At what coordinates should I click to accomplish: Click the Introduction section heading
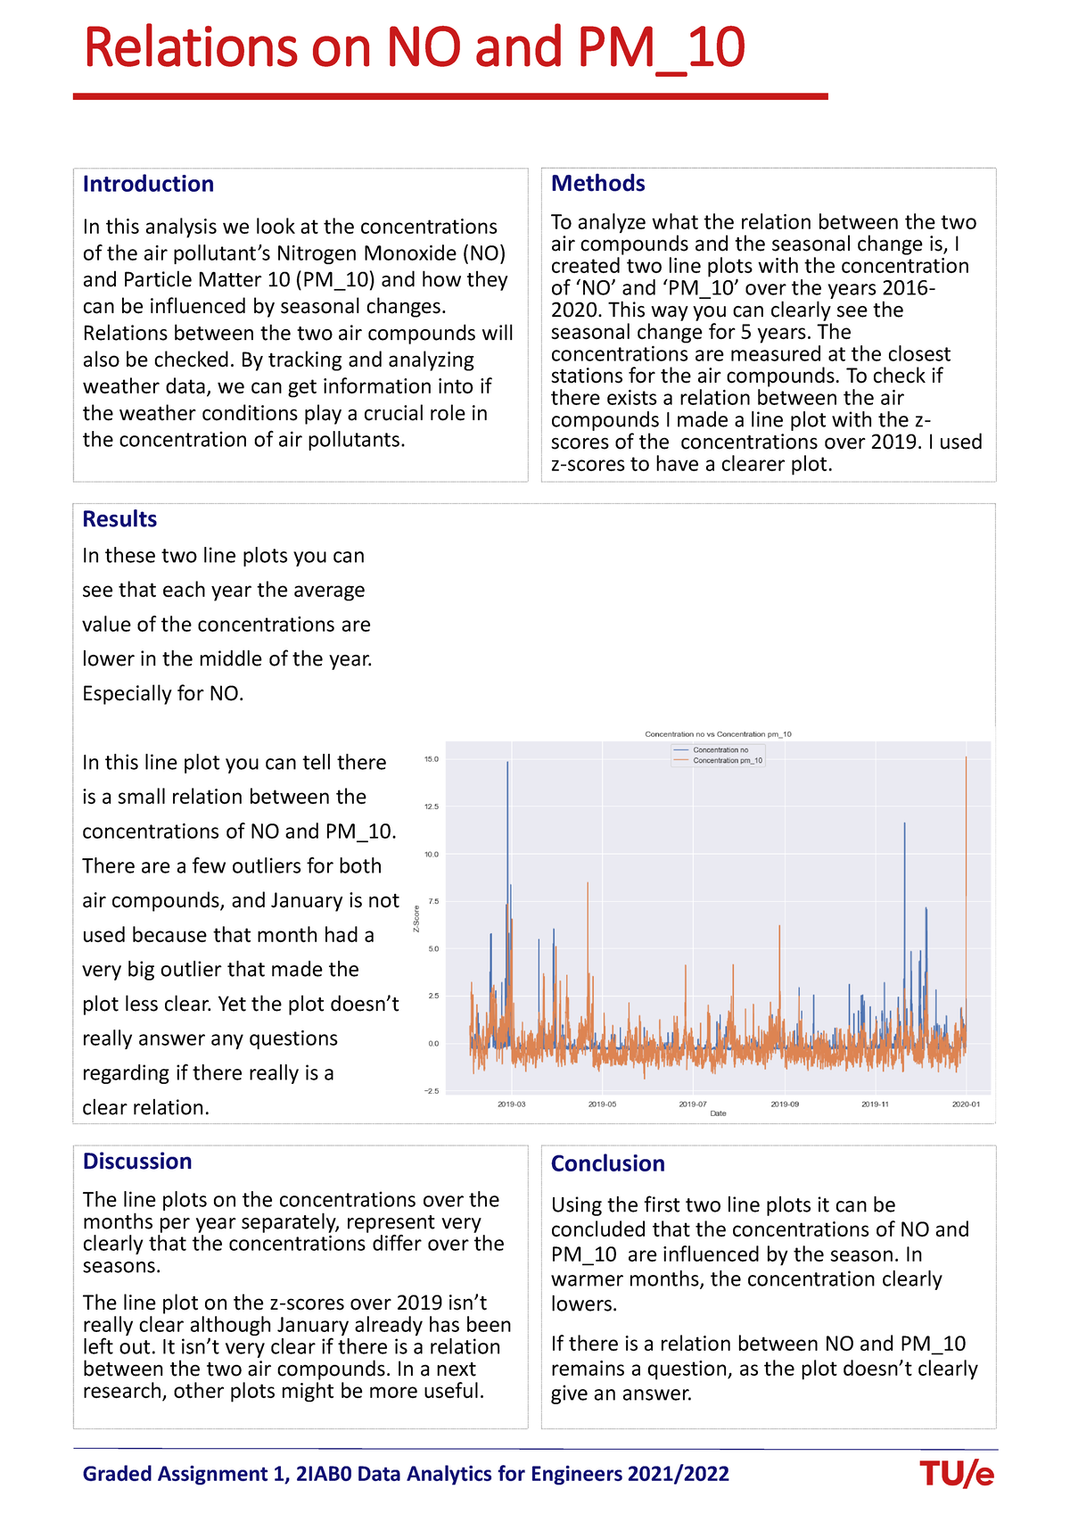click(148, 184)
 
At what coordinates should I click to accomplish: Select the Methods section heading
click(597, 183)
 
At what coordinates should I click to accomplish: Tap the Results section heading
click(119, 519)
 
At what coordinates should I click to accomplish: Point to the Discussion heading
click(137, 1161)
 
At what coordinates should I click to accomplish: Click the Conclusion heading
click(607, 1163)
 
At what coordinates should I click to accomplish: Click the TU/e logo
click(956, 1475)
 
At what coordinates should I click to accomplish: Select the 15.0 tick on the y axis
click(432, 759)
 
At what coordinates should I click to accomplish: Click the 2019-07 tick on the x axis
click(693, 1104)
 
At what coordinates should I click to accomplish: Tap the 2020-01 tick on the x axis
click(967, 1104)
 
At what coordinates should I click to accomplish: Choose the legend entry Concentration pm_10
click(727, 761)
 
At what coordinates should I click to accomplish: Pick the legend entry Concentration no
click(720, 750)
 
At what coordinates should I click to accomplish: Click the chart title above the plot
click(718, 734)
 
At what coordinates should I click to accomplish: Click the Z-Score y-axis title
click(416, 919)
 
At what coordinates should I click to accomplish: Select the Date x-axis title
click(718, 1113)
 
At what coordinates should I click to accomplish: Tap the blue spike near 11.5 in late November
click(904, 826)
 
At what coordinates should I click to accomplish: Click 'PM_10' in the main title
click(661, 48)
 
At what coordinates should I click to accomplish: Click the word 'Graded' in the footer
click(116, 1474)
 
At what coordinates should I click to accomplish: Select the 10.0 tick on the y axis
click(432, 854)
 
